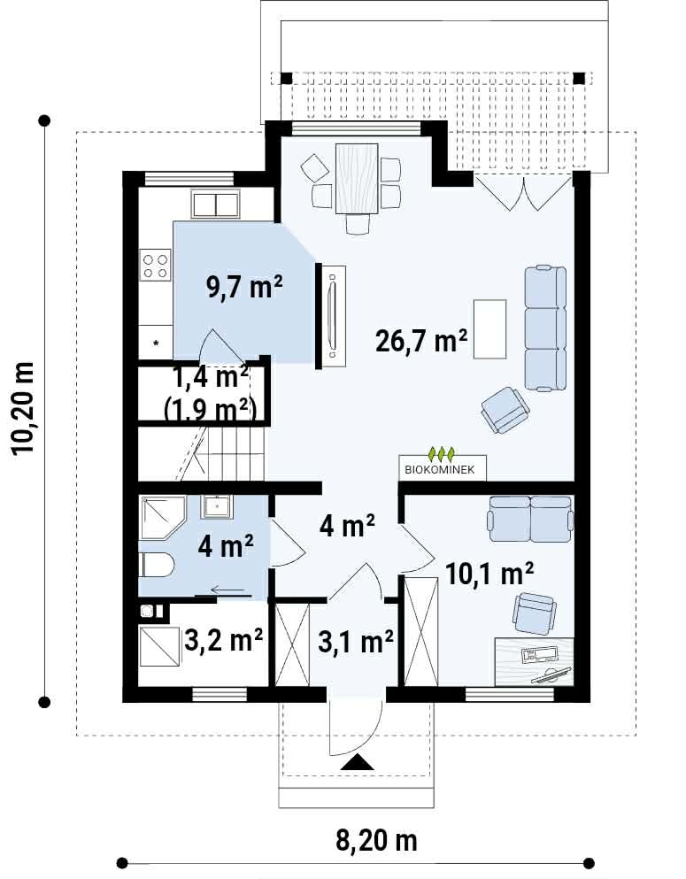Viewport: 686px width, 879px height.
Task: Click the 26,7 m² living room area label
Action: pos(421,340)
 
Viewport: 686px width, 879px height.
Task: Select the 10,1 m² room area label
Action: pos(489,573)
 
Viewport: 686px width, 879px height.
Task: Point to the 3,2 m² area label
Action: pos(224,639)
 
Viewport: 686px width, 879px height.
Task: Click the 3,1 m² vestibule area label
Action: pos(355,641)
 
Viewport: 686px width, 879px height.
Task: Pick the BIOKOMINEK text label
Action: pos(440,470)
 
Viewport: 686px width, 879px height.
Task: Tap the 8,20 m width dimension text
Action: pos(376,840)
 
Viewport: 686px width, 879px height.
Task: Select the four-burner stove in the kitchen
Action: pos(155,266)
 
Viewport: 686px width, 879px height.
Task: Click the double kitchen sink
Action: pos(216,204)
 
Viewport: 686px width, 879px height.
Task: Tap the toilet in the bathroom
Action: pos(156,565)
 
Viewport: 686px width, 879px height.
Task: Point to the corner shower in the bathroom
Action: pos(161,517)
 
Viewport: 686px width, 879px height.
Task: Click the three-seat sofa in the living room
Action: pos(545,328)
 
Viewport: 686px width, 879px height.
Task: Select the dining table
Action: pos(357,179)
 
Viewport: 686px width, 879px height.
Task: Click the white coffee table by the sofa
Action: pos(489,328)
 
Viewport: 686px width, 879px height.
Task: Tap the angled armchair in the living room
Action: pos(505,410)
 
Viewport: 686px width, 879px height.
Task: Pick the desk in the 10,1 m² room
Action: pos(534,661)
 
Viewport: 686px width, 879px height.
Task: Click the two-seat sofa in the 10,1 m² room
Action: pos(531,519)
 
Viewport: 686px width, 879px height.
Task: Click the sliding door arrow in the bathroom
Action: pos(228,590)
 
